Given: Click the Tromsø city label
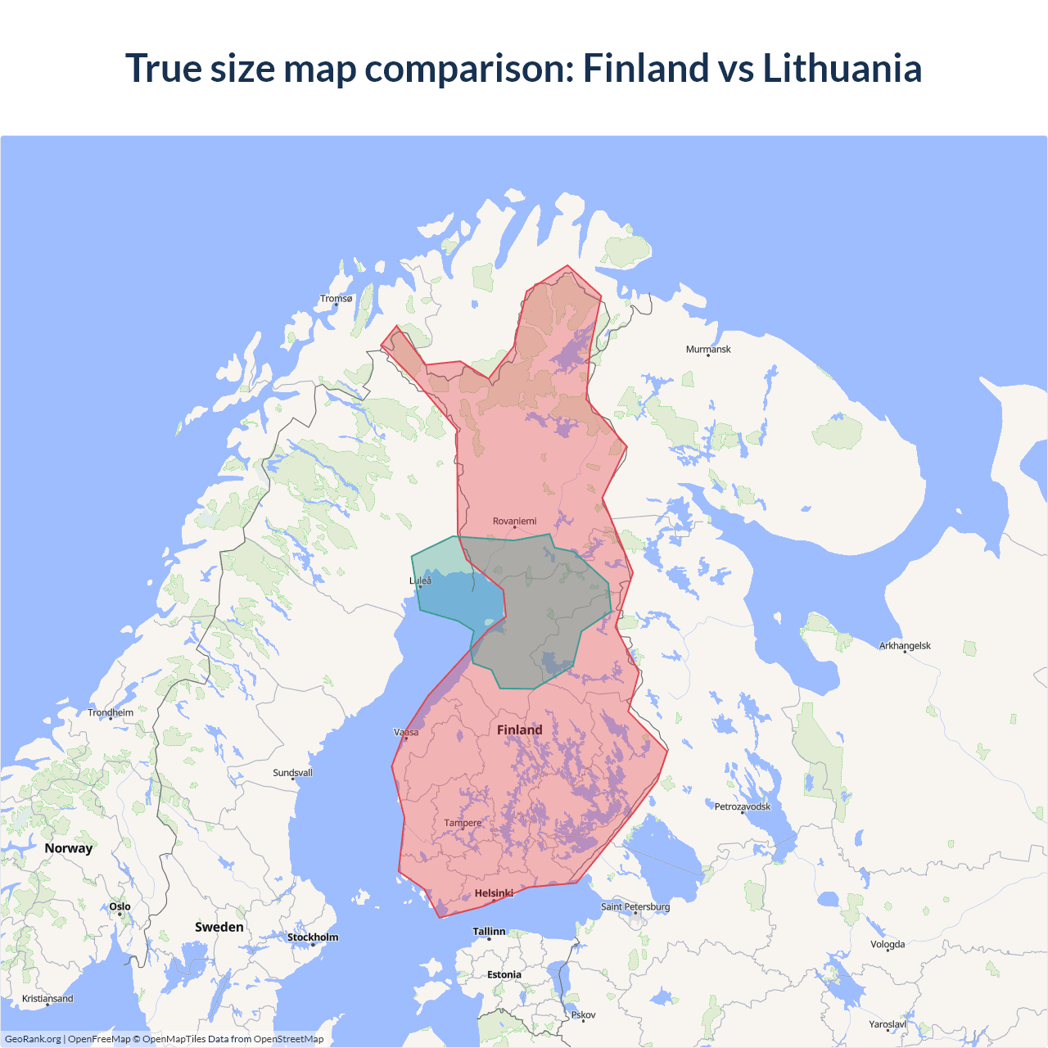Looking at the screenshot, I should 336,299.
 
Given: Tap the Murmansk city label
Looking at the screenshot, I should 708,350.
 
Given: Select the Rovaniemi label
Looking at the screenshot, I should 514,522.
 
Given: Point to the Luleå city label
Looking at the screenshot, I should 420,581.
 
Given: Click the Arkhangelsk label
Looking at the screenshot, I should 905,646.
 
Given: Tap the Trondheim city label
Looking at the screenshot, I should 111,713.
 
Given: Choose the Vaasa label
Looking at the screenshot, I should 406,733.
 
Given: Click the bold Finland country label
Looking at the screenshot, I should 519,730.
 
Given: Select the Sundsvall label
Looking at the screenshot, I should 292,773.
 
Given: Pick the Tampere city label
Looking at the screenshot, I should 463,824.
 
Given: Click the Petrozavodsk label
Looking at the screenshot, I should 742,807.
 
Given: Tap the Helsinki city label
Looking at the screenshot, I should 494,893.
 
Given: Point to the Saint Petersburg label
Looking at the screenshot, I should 635,907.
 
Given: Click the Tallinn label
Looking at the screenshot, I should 489,932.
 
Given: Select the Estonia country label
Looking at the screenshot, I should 504,975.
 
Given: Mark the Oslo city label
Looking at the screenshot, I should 120,907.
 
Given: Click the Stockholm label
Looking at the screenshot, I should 312,937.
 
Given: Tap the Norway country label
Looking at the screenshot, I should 69,848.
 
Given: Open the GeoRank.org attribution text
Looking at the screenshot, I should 33,1039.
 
